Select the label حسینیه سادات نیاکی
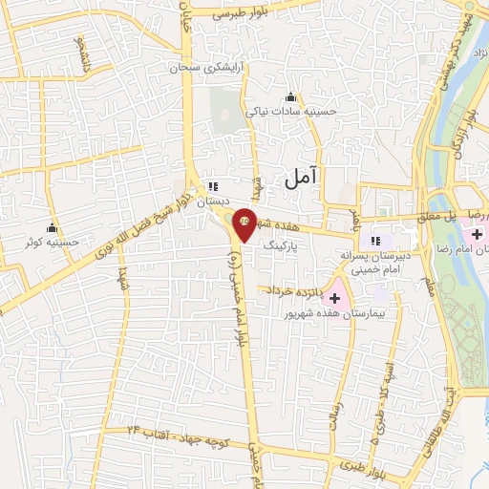pos(292,112)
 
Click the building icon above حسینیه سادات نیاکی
pos(291,96)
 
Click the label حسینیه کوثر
pos(53,244)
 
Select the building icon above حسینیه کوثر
pos(52,228)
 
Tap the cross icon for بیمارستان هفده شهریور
pos(334,298)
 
